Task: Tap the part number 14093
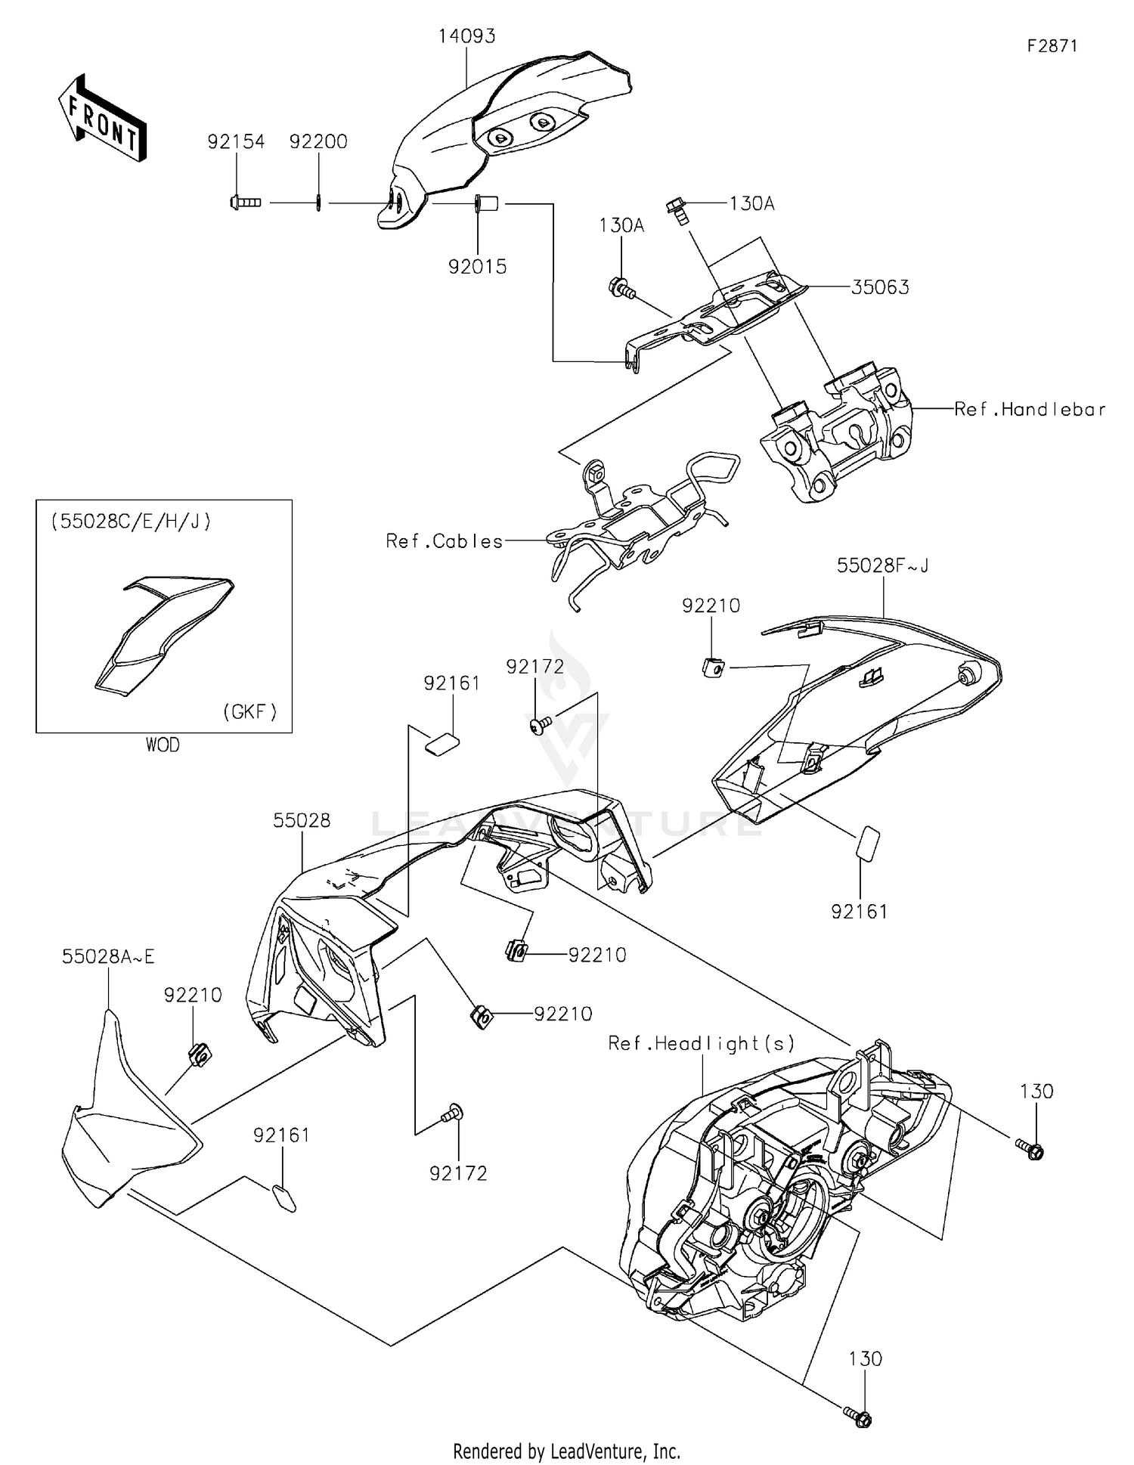[466, 36]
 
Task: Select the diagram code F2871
[1052, 45]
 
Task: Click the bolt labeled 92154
[243, 202]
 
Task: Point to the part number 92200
[318, 141]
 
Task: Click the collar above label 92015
[485, 203]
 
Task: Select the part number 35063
[880, 287]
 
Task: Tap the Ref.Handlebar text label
[1030, 410]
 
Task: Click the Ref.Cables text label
[445, 541]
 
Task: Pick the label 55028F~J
[882, 565]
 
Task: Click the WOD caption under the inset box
[163, 745]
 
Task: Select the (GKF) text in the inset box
[250, 711]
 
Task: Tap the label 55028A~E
[108, 957]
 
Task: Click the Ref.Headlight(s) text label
[701, 1043]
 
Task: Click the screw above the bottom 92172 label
[454, 1113]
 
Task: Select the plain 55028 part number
[302, 820]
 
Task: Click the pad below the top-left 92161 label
[442, 743]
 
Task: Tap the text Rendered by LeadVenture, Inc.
[566, 1451]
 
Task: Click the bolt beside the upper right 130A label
[676, 208]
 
